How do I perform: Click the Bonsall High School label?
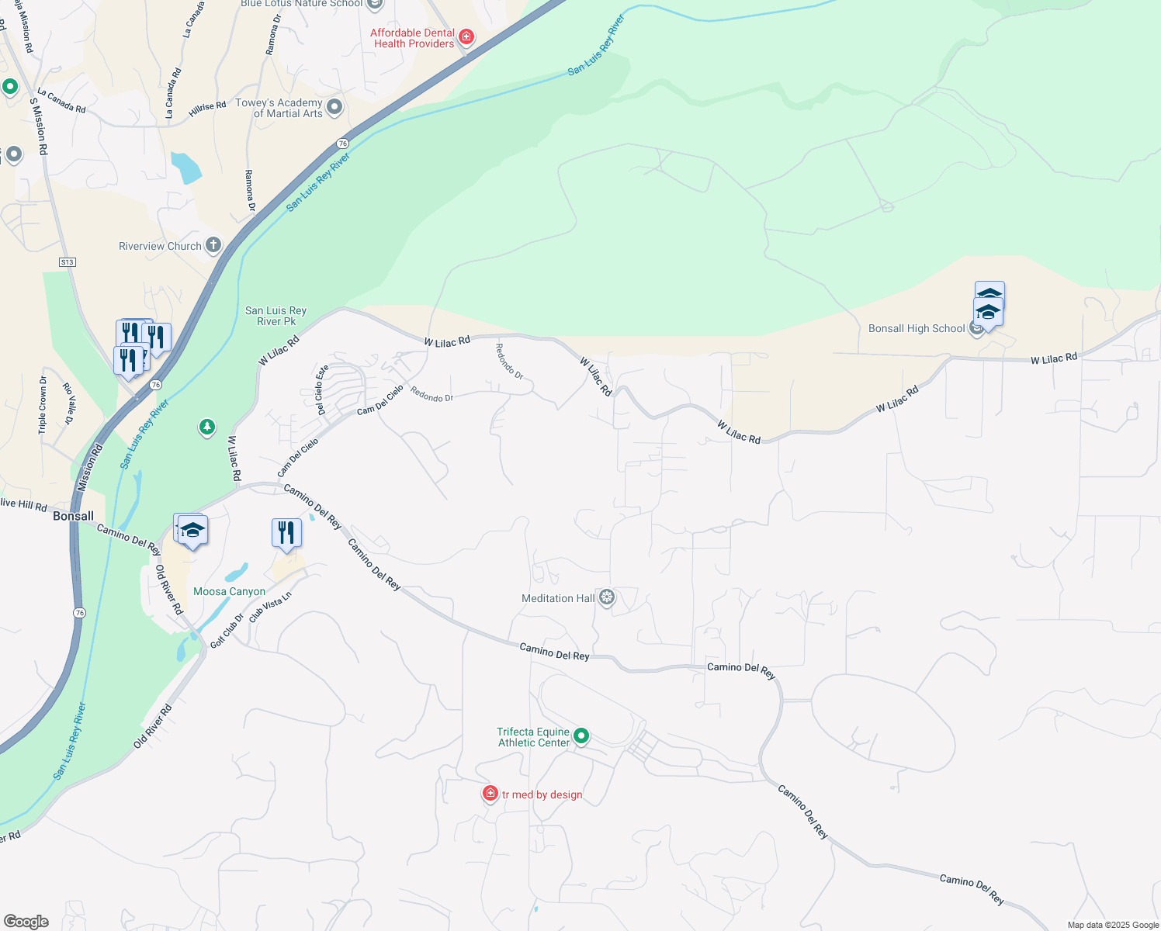pyautogui.click(x=916, y=329)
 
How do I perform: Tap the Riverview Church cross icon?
pyautogui.click(x=213, y=246)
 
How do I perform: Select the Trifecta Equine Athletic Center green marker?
pyautogui.click(x=580, y=736)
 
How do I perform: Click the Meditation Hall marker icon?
pyautogui.click(x=607, y=597)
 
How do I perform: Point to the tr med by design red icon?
pyautogui.click(x=490, y=793)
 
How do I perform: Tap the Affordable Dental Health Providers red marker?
pyautogui.click(x=466, y=36)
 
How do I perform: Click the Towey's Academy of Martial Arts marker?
pyautogui.click(x=334, y=107)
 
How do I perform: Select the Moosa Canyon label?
pyautogui.click(x=229, y=591)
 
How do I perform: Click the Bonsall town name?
pyautogui.click(x=73, y=516)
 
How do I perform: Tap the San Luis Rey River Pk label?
pyautogui.click(x=276, y=316)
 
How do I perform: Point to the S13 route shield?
pyautogui.click(x=68, y=262)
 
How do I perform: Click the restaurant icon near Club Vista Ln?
pyautogui.click(x=286, y=533)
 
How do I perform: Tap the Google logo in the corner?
pyautogui.click(x=26, y=922)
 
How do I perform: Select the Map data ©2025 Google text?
pyautogui.click(x=1112, y=925)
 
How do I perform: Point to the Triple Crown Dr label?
pyautogui.click(x=43, y=404)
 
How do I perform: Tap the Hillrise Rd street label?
pyautogui.click(x=207, y=110)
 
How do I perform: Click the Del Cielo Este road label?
pyautogui.click(x=322, y=389)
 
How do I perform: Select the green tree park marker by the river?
pyautogui.click(x=206, y=427)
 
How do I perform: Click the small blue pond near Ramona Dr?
pyautogui.click(x=186, y=168)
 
